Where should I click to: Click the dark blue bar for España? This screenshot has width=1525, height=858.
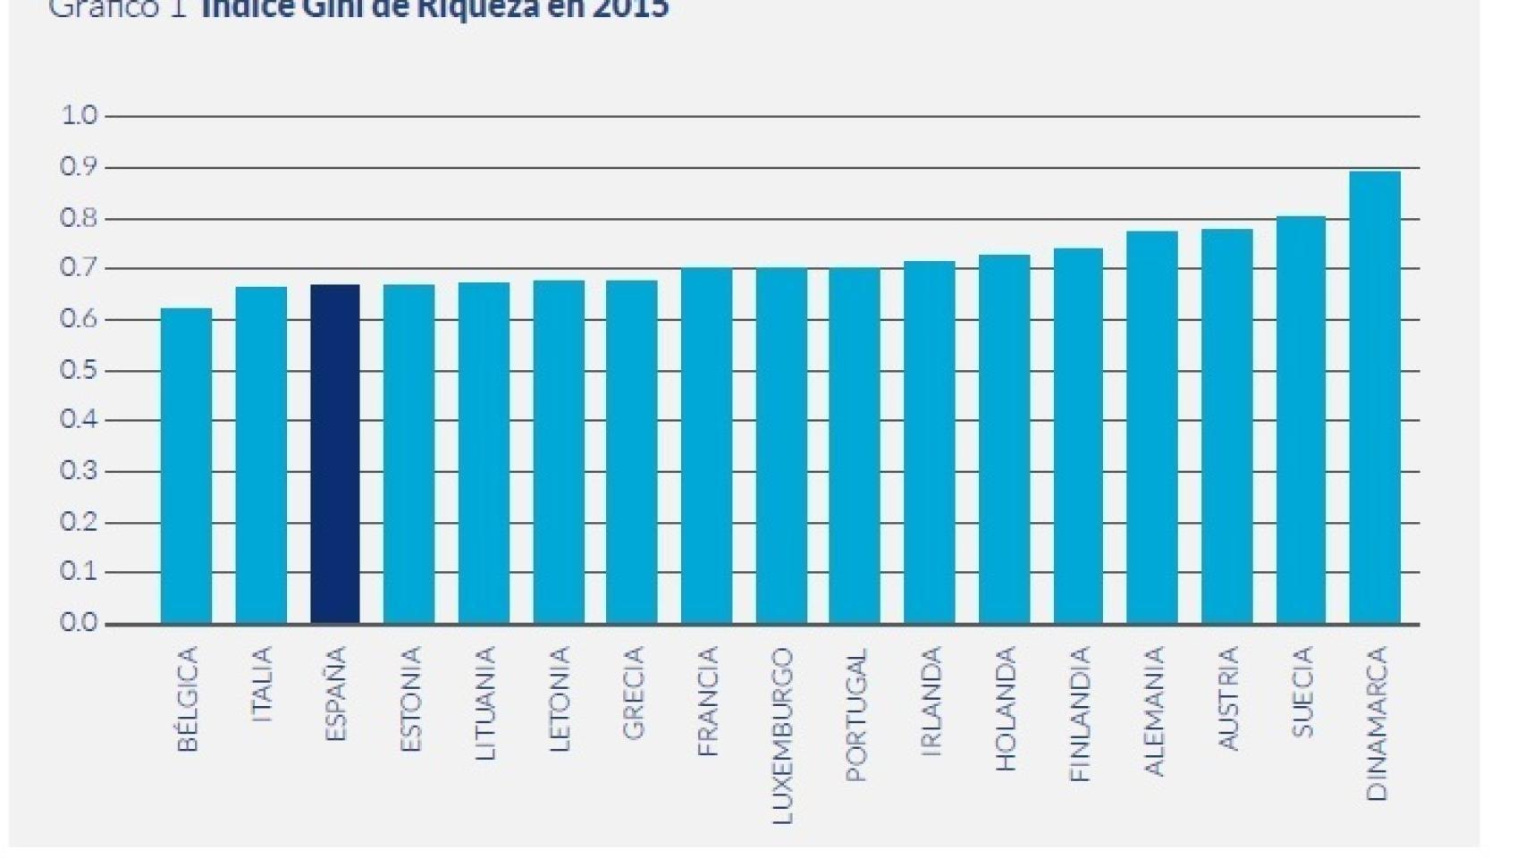coord(335,454)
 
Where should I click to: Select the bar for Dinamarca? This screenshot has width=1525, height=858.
coord(1374,398)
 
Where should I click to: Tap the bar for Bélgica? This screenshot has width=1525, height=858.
coord(186,466)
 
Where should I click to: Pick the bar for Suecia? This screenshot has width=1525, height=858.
coord(1301,420)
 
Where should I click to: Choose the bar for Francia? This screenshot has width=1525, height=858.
coord(706,445)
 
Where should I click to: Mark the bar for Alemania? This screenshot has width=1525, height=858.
coord(1151,427)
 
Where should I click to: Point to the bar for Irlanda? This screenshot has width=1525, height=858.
coord(929,442)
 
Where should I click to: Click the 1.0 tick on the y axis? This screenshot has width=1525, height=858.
coord(79,115)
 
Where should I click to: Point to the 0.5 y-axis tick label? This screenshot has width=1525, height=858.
coord(79,370)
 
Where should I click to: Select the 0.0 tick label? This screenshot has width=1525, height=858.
coord(79,623)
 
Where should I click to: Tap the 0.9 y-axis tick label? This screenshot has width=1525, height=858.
coord(79,167)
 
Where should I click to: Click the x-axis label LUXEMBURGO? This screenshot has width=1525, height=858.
coord(781,735)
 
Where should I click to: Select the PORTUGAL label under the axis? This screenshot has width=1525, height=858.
coord(855,714)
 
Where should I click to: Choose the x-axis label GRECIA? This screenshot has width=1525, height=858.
coord(632,693)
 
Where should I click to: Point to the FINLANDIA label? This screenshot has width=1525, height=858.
coord(1080,714)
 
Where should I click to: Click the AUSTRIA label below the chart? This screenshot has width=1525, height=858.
coord(1227,698)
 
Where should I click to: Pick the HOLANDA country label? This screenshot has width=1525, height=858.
coord(1005,709)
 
